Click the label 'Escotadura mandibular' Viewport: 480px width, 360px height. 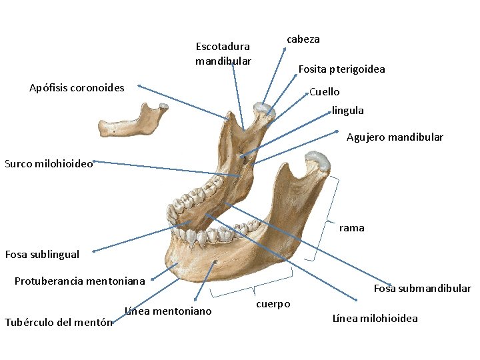[223, 53]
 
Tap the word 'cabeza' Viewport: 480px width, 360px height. [303, 39]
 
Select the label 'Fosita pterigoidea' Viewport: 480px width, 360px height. [341, 69]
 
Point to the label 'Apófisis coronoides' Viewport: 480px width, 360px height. [77, 87]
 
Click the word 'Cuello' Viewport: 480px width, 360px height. [325, 92]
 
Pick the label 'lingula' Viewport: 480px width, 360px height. [348, 111]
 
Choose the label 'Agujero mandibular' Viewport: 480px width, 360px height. [395, 137]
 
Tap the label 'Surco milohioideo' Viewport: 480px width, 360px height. [49, 163]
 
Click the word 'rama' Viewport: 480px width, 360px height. [351, 228]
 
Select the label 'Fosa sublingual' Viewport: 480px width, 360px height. [42, 254]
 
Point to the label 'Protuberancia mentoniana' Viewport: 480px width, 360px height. [79, 281]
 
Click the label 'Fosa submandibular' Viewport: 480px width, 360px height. [422, 289]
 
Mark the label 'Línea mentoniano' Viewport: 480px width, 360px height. [169, 311]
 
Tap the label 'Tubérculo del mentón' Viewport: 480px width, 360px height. [58, 323]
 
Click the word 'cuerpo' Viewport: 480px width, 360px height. [273, 304]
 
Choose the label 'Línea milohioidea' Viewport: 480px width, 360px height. [375, 318]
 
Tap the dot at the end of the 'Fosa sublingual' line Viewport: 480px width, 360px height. [94, 252]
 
